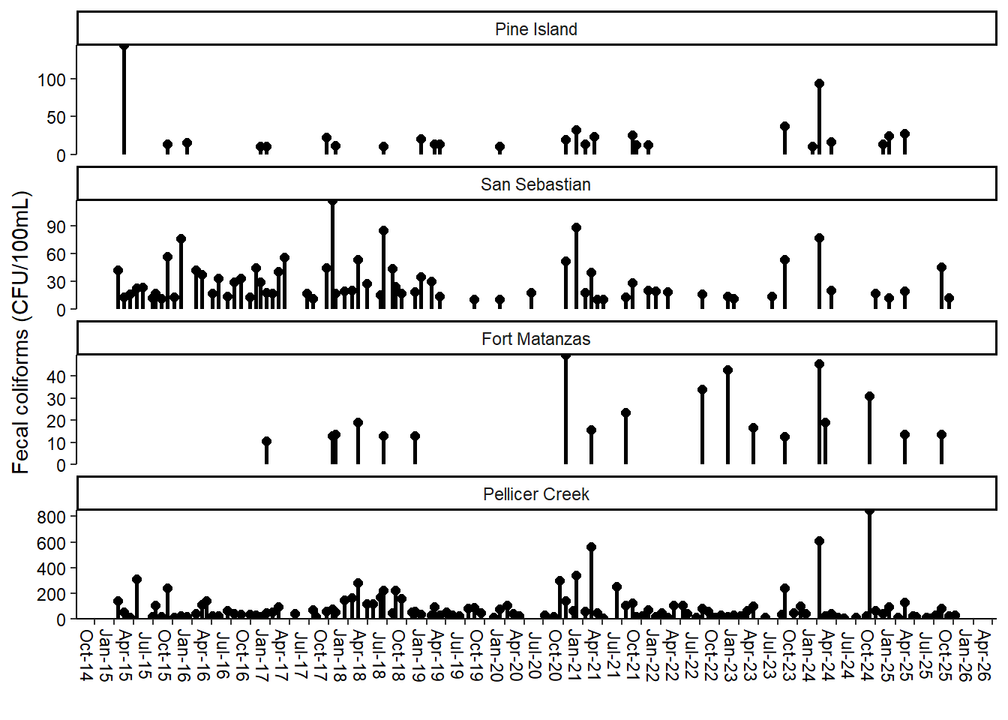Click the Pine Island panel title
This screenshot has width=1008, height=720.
tap(536, 29)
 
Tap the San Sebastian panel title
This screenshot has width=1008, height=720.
tap(535, 184)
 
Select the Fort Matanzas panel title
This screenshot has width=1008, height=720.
tap(535, 339)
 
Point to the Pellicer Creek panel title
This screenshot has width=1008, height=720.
tap(535, 494)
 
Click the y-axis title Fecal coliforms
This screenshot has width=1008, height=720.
tap(21, 332)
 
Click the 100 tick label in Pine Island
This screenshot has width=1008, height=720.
tap(52, 79)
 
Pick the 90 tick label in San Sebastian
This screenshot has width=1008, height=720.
tap(56, 226)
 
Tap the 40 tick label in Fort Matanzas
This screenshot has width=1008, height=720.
tap(56, 376)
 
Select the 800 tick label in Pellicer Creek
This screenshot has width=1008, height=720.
tap(52, 517)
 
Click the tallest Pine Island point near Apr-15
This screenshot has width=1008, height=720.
tap(124, 46)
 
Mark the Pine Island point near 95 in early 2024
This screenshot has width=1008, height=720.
tap(819, 84)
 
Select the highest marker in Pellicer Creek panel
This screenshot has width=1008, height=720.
tap(869, 511)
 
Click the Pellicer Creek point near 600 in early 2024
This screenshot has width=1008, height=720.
tap(819, 541)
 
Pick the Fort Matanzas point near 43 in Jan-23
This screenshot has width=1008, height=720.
tap(727, 370)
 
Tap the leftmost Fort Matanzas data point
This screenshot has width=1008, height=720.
tap(266, 442)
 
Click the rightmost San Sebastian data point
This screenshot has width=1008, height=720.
tap(949, 298)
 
